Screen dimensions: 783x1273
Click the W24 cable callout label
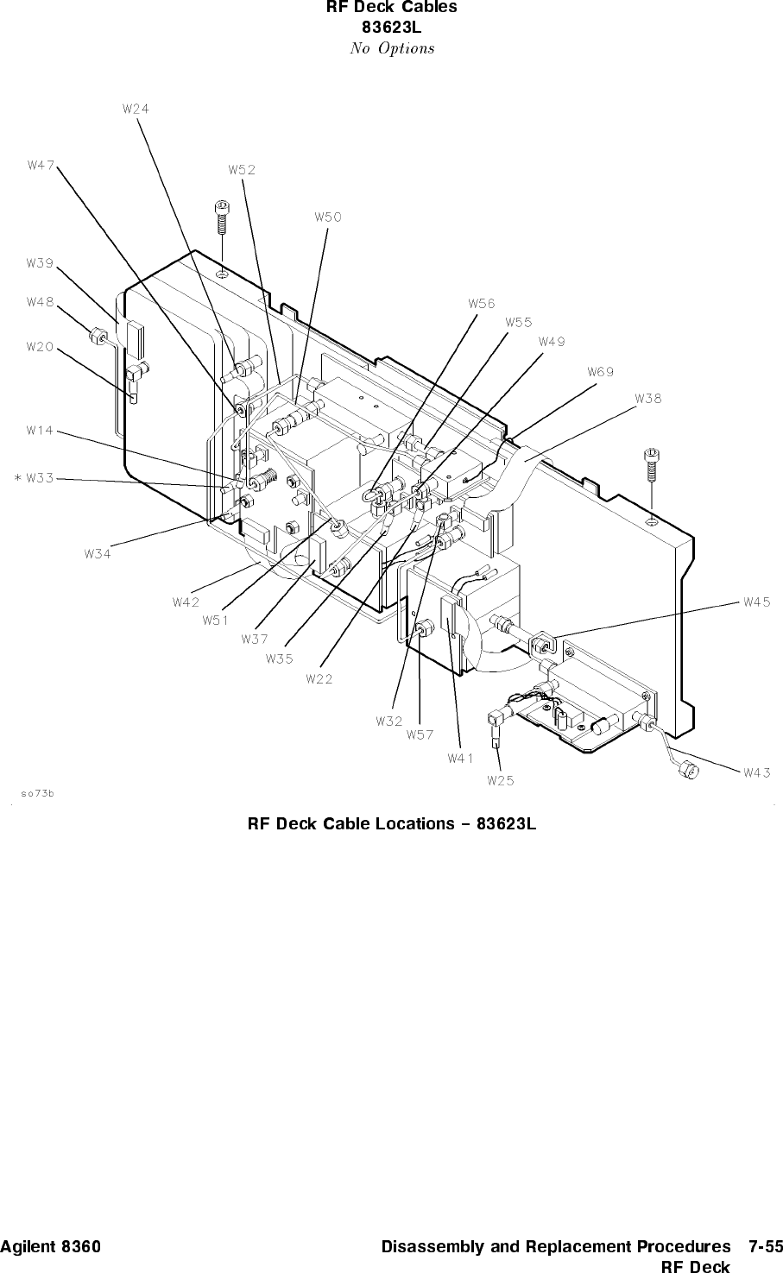point(136,109)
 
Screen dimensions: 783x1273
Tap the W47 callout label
point(41,166)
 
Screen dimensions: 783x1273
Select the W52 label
point(243,170)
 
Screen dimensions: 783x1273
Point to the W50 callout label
point(328,217)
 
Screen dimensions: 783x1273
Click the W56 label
point(482,304)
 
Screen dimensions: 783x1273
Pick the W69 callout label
point(601,372)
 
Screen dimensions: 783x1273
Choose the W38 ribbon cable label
point(648,399)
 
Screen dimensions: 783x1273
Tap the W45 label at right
point(757,602)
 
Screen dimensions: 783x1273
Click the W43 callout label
point(757,772)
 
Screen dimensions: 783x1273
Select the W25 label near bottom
point(501,781)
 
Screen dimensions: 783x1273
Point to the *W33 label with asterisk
point(35,478)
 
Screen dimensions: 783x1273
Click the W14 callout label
point(40,431)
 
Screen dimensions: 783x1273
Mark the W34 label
point(98,553)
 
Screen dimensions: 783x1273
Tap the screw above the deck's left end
point(222,217)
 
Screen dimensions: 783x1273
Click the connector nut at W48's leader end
point(97,336)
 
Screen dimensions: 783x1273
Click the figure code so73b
point(37,794)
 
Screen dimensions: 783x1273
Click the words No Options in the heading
point(392,48)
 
